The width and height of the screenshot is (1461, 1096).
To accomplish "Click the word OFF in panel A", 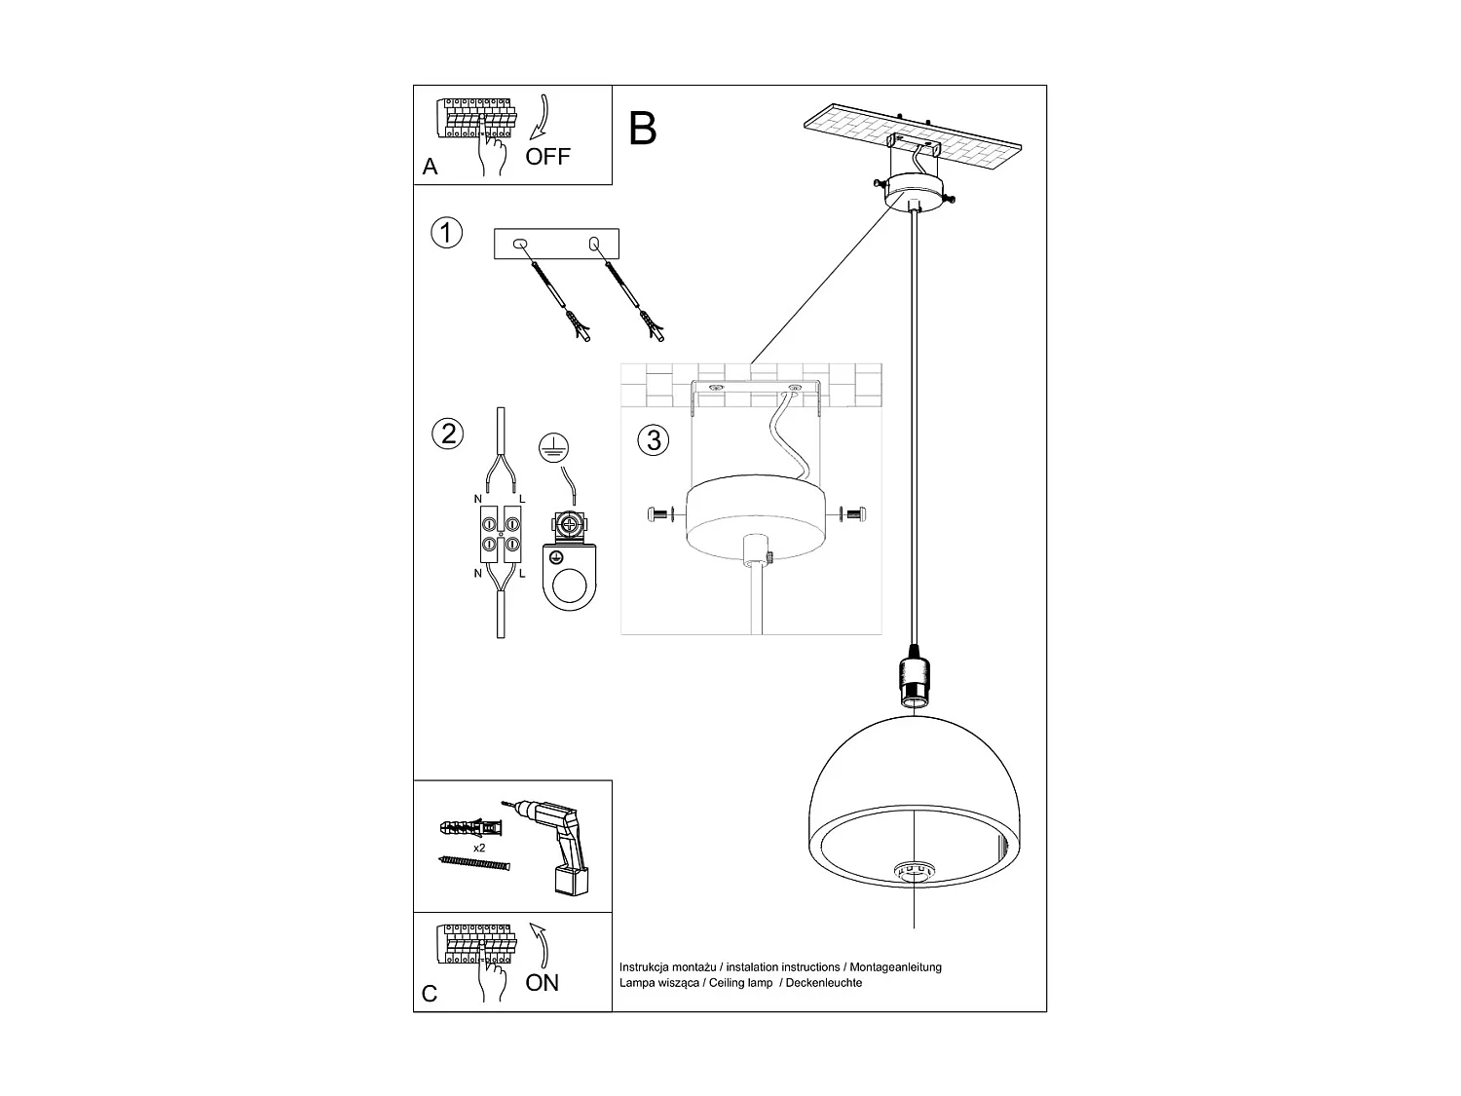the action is click(547, 157).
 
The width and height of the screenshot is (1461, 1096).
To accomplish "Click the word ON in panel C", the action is click(542, 983).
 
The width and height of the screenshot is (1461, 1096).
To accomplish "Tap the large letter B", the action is click(643, 129).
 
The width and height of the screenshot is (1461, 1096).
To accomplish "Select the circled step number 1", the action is click(446, 234).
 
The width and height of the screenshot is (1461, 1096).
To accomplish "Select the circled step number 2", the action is click(447, 434).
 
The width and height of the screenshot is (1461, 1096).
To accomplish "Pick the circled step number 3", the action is click(654, 440).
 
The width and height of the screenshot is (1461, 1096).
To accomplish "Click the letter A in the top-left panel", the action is click(431, 168).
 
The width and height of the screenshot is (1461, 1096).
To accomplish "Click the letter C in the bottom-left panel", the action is click(430, 995).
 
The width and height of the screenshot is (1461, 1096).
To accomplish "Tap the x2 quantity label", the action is click(479, 849).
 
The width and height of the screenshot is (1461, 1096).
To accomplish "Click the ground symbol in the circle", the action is click(553, 447).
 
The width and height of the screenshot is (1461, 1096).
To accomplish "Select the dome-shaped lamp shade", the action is click(914, 809).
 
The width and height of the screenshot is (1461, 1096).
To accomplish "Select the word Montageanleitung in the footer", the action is click(896, 967).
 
